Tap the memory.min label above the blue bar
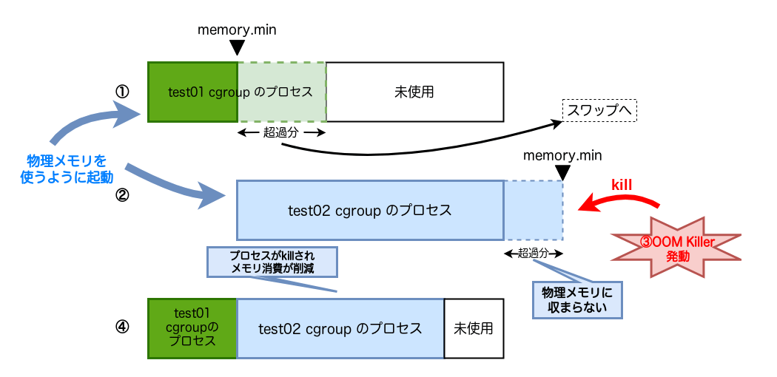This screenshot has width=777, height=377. click(x=562, y=155)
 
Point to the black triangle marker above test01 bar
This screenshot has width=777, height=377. click(x=237, y=48)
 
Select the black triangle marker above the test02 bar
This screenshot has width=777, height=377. click(x=563, y=172)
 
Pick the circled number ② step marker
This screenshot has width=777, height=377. click(x=122, y=197)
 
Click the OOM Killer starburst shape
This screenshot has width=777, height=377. click(x=677, y=246)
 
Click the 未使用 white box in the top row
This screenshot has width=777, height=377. click(x=414, y=92)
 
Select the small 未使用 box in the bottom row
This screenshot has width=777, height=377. click(x=474, y=327)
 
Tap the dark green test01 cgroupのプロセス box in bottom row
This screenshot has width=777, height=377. click(x=192, y=327)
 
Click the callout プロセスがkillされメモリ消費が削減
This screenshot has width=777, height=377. click(x=272, y=262)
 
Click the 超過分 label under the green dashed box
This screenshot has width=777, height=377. click(x=281, y=132)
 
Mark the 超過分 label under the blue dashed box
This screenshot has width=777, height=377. click(x=533, y=253)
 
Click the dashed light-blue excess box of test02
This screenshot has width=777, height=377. click(x=533, y=210)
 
